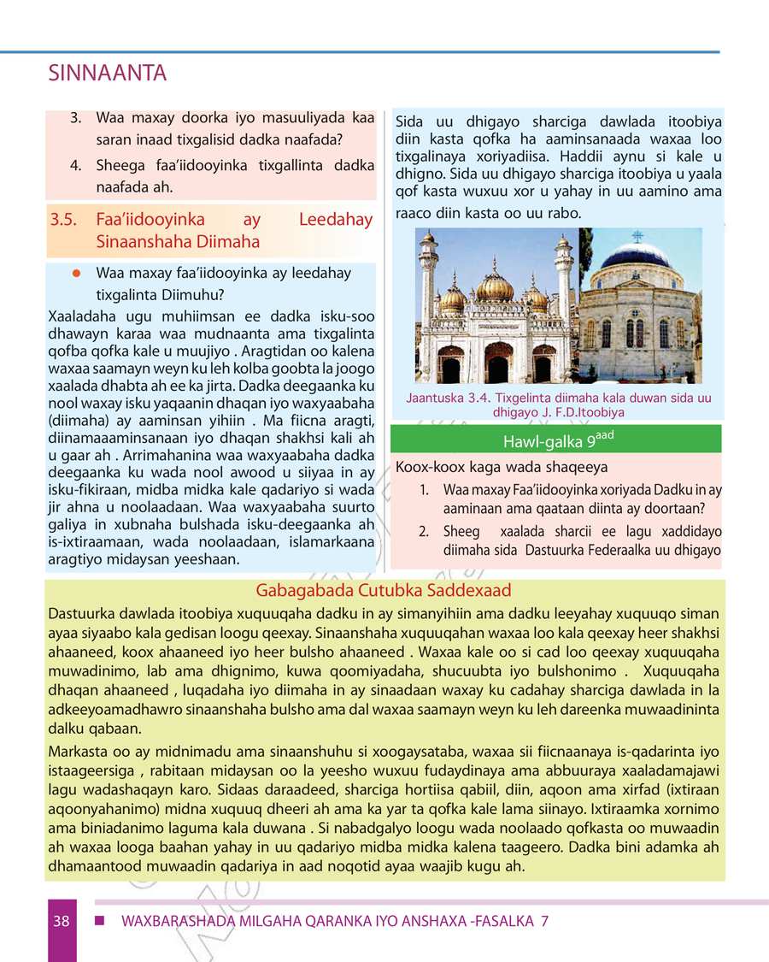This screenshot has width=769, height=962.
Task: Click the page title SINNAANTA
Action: [x=108, y=74]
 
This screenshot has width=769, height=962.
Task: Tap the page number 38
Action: [x=61, y=921]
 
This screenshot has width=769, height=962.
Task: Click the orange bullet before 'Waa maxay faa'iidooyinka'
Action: [x=76, y=274]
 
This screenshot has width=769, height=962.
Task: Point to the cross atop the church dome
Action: [x=636, y=236]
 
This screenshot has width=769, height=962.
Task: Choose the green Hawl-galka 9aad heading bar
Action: [x=555, y=440]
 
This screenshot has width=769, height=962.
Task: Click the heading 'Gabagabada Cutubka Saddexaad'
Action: [x=384, y=591]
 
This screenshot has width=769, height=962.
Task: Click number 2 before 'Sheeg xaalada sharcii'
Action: [x=424, y=531]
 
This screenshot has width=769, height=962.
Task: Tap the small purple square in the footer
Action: [x=99, y=921]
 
